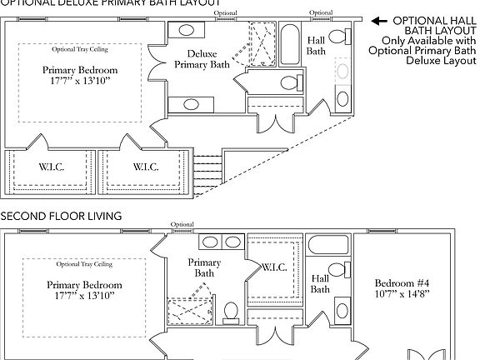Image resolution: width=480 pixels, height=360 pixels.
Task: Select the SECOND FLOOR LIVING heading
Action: pyautogui.click(x=61, y=216)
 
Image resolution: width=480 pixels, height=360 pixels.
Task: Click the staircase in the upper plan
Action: pyautogui.click(x=209, y=172)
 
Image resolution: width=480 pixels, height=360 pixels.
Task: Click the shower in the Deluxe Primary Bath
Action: pyautogui.click(x=255, y=42)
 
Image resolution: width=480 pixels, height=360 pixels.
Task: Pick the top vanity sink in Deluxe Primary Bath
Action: pyautogui.click(x=187, y=30)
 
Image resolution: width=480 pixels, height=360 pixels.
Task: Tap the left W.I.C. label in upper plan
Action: pyautogui.click(x=51, y=167)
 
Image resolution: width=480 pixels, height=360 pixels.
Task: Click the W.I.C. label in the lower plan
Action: pyautogui.click(x=274, y=267)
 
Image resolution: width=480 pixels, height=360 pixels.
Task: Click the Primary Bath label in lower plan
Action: pyautogui.click(x=206, y=267)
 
